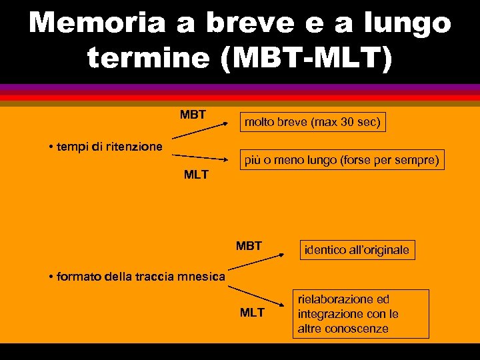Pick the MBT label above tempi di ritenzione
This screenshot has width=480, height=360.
point(193,115)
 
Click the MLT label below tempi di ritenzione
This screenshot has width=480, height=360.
point(196,175)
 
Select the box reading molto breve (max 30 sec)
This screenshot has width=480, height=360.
point(313,122)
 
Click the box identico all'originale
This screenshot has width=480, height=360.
point(357,250)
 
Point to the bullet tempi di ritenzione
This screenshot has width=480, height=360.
point(106,146)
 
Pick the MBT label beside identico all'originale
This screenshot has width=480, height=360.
point(249,246)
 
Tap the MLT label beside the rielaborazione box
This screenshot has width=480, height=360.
point(252,312)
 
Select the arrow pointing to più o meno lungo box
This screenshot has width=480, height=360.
point(203,157)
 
